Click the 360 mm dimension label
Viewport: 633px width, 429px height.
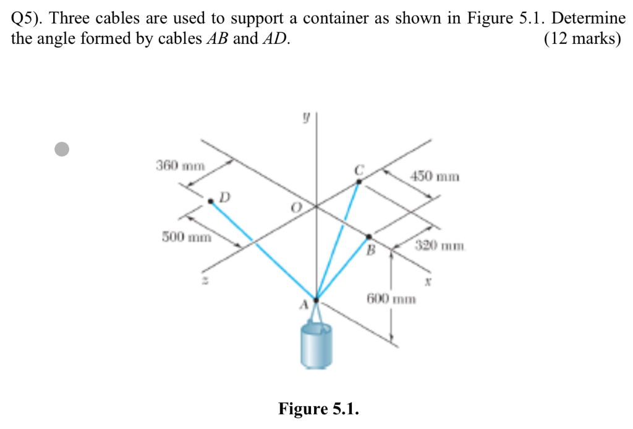[179, 166]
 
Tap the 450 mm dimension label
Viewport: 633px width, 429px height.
[435, 176]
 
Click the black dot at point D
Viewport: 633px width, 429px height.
[211, 201]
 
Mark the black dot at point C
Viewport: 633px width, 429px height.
[359, 181]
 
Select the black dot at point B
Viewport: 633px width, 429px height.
[369, 236]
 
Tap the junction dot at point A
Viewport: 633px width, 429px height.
[316, 300]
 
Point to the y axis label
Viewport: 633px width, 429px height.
[305, 116]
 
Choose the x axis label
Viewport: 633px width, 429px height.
[426, 280]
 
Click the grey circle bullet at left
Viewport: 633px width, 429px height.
[61, 149]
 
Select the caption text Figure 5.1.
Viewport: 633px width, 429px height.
[318, 409]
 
